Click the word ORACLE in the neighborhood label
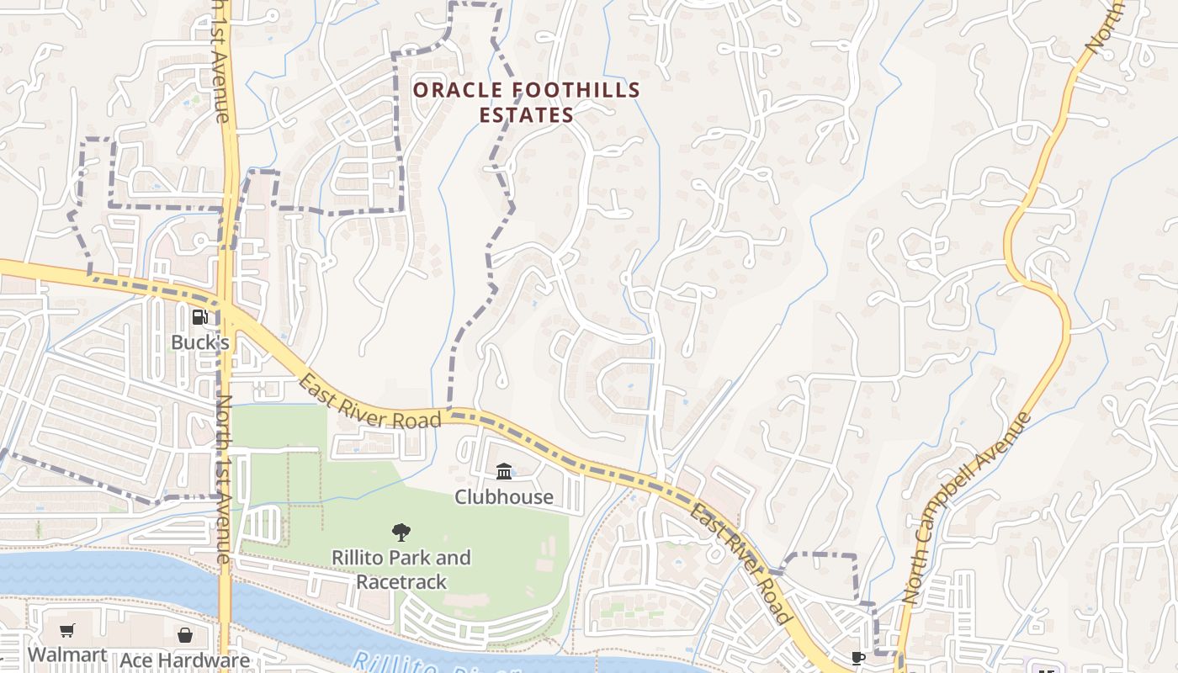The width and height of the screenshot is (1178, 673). pos(459,90)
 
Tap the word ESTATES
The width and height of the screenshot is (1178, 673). pos(527,115)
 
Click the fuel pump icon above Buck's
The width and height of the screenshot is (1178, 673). pos(200,317)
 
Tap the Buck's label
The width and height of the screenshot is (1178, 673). pos(200,342)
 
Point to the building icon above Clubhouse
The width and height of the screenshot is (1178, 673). pos(504,471)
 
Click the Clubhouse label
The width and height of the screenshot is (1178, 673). pos(504,496)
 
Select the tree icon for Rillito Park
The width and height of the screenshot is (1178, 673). pos(401,532)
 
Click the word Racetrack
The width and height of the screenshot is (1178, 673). pos(401,581)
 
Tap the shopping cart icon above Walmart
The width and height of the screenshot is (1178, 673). pos(67,631)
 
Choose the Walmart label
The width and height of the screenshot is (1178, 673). pos(67,654)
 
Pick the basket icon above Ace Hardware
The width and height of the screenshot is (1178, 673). pos(185,635)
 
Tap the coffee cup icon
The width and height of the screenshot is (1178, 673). pos(857,658)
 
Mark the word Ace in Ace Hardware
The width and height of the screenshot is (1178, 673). pos(135,660)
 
